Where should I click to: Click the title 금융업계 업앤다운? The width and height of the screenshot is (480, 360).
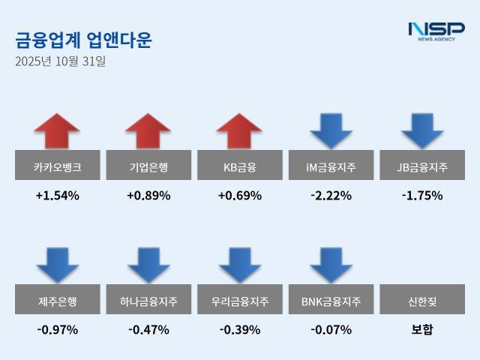coord(83,40)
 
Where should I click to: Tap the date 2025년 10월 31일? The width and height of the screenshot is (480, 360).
coord(61,61)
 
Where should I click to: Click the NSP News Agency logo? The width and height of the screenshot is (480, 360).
coord(436,31)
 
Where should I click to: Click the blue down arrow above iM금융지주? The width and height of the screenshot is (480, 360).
coord(331,130)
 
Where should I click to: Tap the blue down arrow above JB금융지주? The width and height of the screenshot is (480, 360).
coord(422,130)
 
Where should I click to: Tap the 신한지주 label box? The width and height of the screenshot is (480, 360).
coord(422,301)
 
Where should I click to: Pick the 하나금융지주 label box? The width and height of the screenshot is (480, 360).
coord(148,301)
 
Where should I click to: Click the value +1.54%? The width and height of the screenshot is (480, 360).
coord(57,196)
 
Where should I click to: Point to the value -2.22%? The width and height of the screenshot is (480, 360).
coord(331,196)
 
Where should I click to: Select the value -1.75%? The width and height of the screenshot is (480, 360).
coord(422,196)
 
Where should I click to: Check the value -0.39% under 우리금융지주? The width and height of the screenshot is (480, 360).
coord(239,329)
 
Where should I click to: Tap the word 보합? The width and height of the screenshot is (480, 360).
coord(422,329)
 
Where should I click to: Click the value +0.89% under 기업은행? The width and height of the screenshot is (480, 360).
coord(148,196)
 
